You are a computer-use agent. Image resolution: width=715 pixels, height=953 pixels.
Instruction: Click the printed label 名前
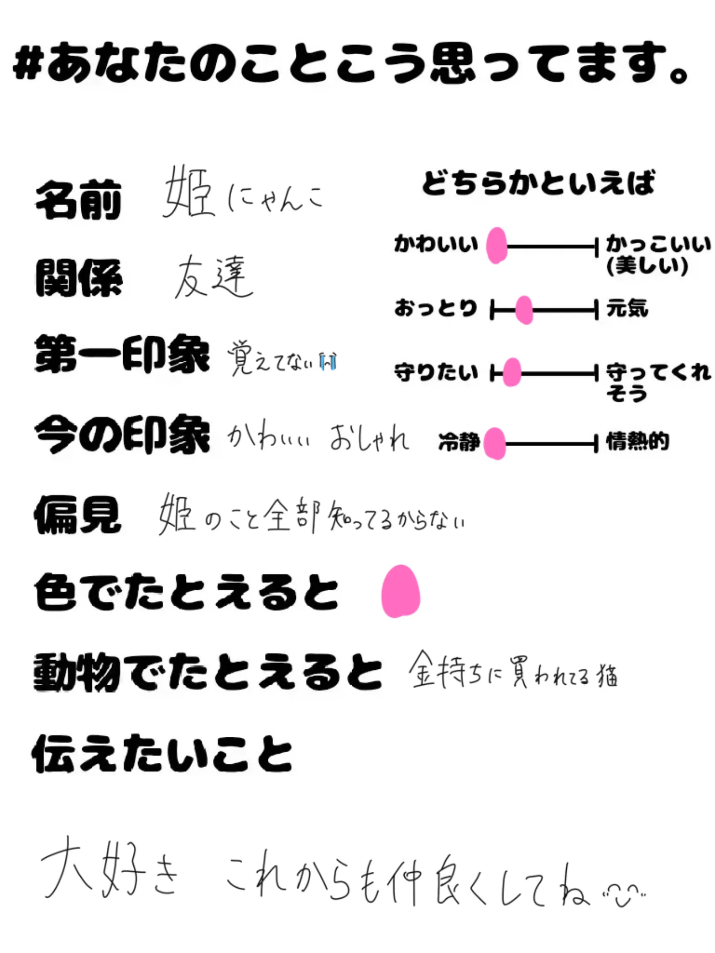[79, 200]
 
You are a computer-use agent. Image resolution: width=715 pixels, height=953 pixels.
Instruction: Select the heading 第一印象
[122, 354]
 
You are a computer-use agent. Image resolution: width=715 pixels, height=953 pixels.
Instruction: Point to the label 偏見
[78, 514]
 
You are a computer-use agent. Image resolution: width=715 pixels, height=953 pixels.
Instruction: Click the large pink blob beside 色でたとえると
[400, 591]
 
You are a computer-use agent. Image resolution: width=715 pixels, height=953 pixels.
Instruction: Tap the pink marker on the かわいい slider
[497, 246]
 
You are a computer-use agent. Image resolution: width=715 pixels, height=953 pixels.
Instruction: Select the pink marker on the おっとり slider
[524, 310]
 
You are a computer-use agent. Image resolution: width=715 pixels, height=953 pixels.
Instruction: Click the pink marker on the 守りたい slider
[512, 373]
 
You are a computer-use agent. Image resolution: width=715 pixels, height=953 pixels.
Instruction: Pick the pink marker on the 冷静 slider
[495, 443]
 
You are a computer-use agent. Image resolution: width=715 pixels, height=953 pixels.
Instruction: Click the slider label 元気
[627, 308]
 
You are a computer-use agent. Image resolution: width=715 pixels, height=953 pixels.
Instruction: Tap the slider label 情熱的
[637, 441]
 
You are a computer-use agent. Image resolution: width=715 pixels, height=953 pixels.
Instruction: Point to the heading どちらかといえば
[538, 183]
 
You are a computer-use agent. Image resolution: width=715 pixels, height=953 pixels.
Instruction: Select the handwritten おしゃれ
[369, 438]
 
